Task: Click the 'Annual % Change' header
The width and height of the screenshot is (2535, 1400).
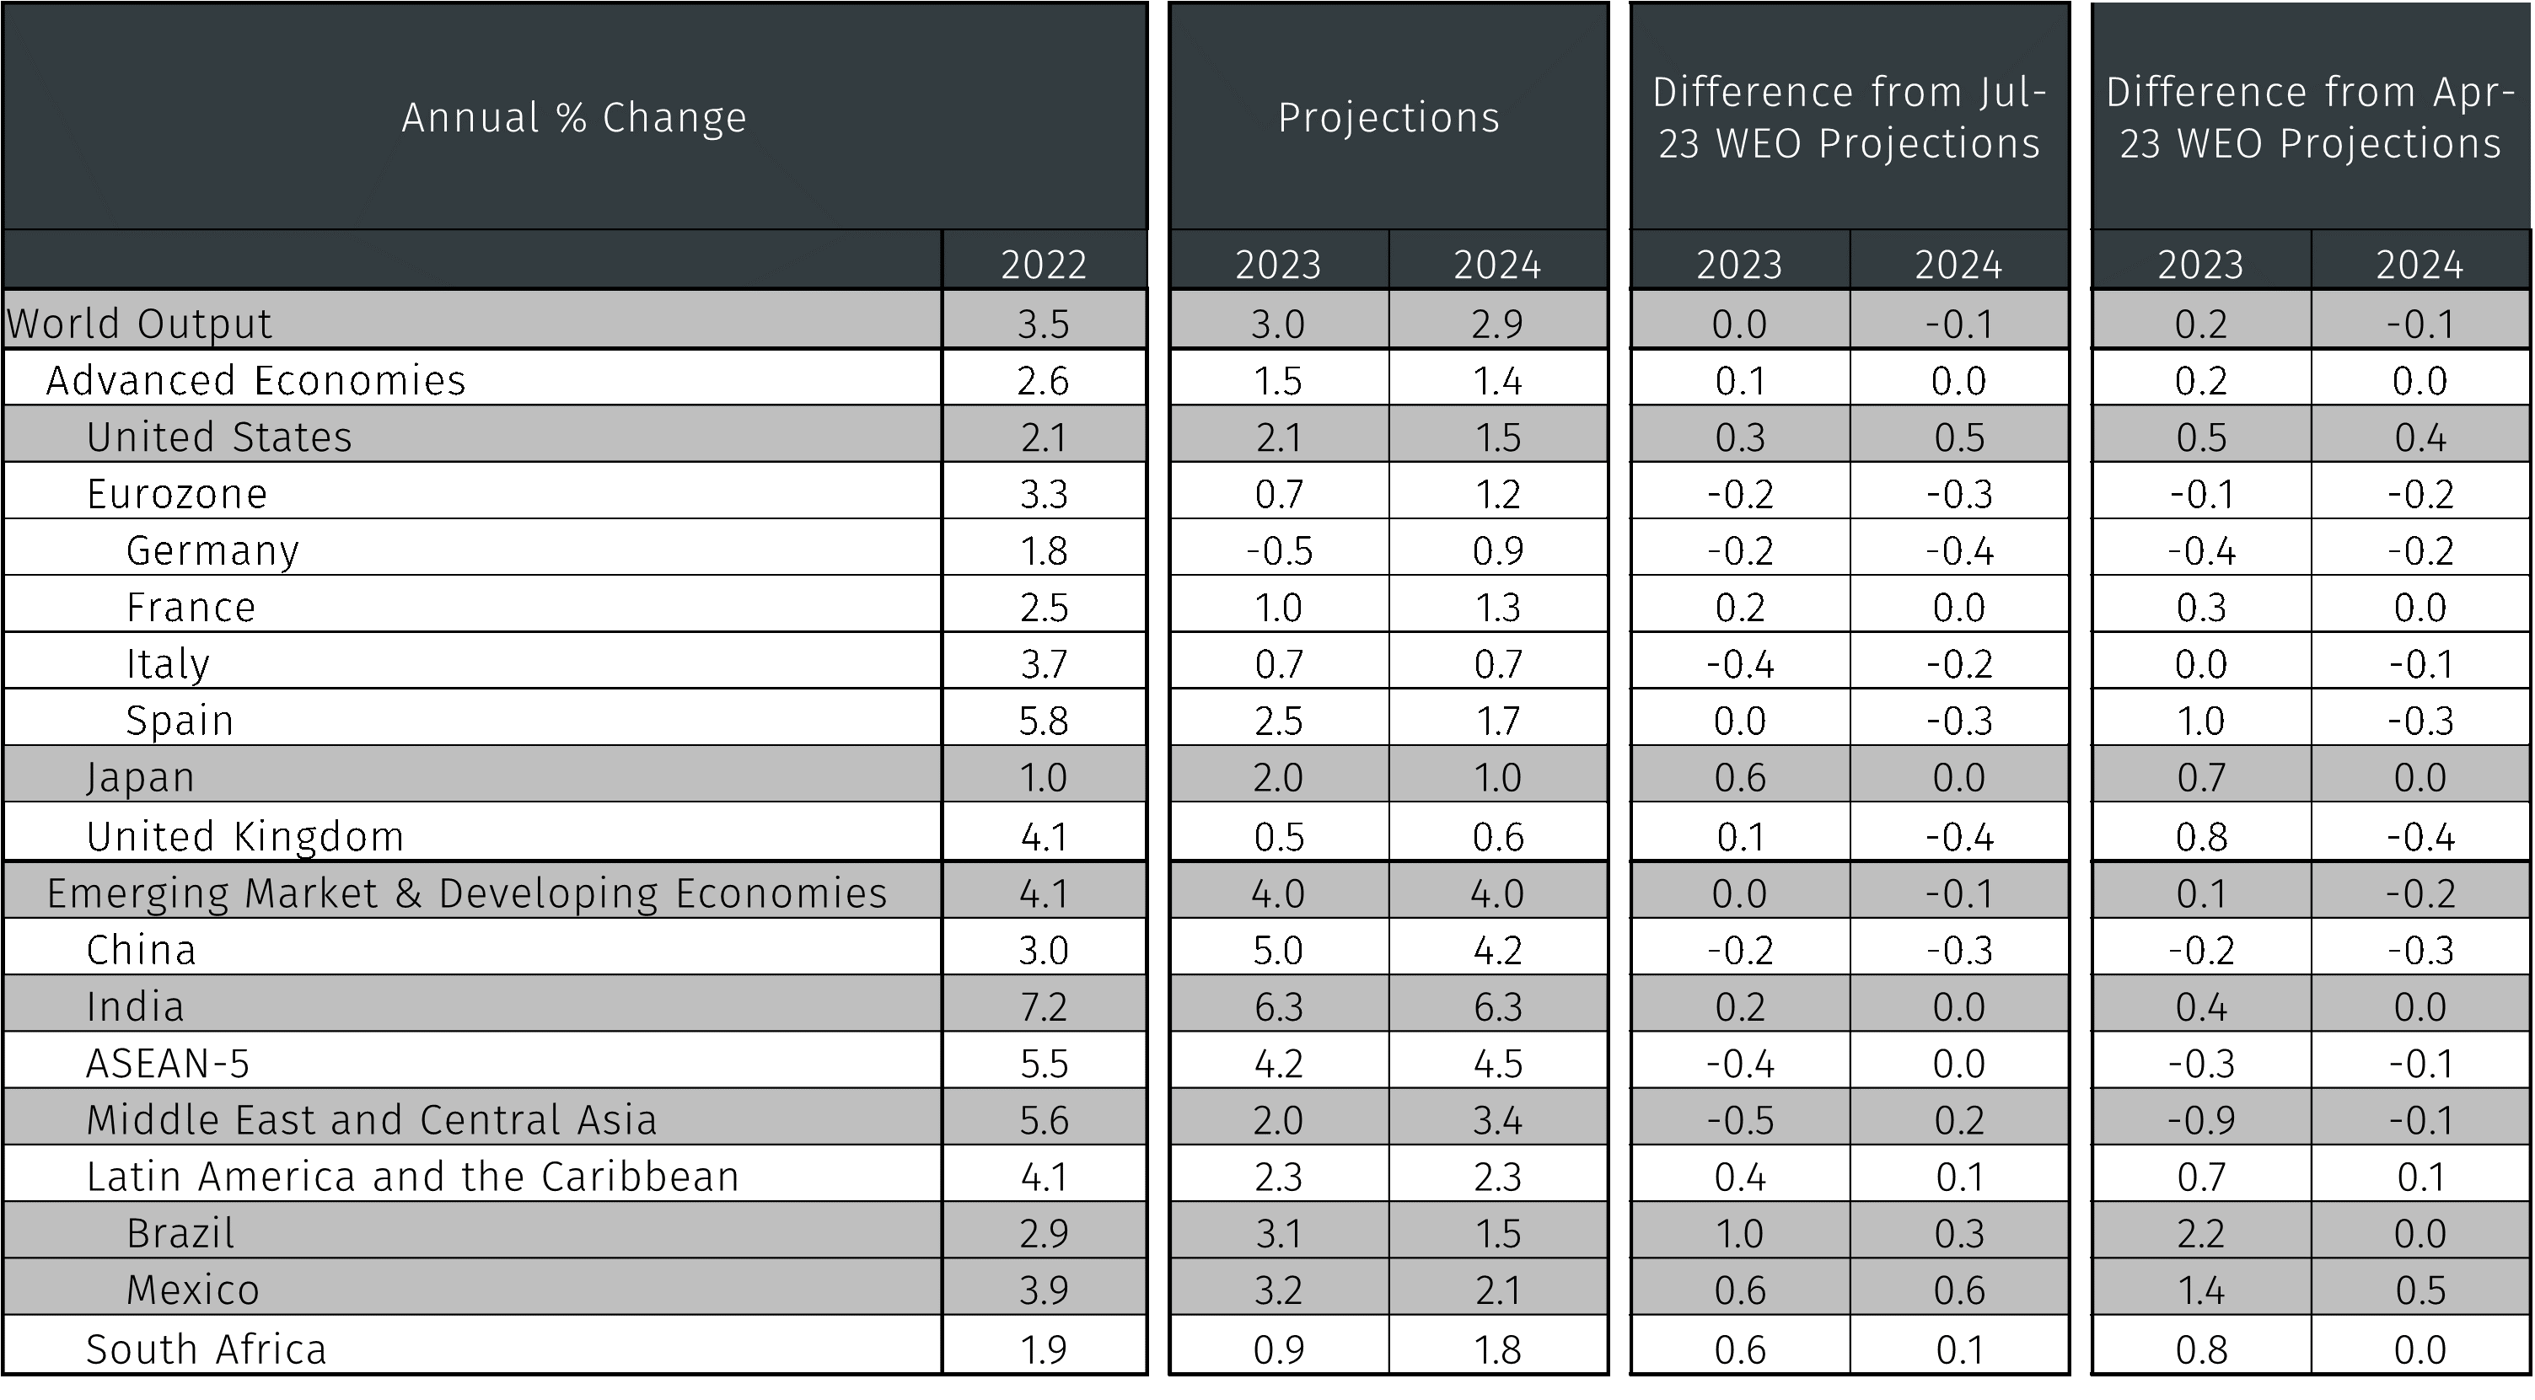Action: pyautogui.click(x=575, y=118)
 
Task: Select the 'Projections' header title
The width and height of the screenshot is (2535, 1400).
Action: pyautogui.click(x=1388, y=118)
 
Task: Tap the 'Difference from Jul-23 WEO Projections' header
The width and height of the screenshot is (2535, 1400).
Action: pyautogui.click(x=1849, y=118)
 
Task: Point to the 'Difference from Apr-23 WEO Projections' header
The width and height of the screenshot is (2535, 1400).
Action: pyautogui.click(x=2311, y=118)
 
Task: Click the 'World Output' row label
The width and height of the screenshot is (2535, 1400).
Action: pyautogui.click(x=139, y=324)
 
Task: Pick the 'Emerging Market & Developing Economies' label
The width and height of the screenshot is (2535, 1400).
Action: pyautogui.click(x=466, y=893)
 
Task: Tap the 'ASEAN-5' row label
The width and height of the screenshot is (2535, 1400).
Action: pyautogui.click(x=169, y=1064)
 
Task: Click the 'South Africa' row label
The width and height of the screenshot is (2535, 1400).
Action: pyautogui.click(x=206, y=1349)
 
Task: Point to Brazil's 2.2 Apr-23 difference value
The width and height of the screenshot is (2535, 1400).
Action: pyautogui.click(x=2200, y=1234)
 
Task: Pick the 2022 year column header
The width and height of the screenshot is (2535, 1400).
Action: pyautogui.click(x=1043, y=265)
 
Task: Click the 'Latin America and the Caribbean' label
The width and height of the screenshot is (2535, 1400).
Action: pyautogui.click(x=412, y=1177)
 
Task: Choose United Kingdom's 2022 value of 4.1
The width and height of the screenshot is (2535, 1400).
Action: pyautogui.click(x=1043, y=837)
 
